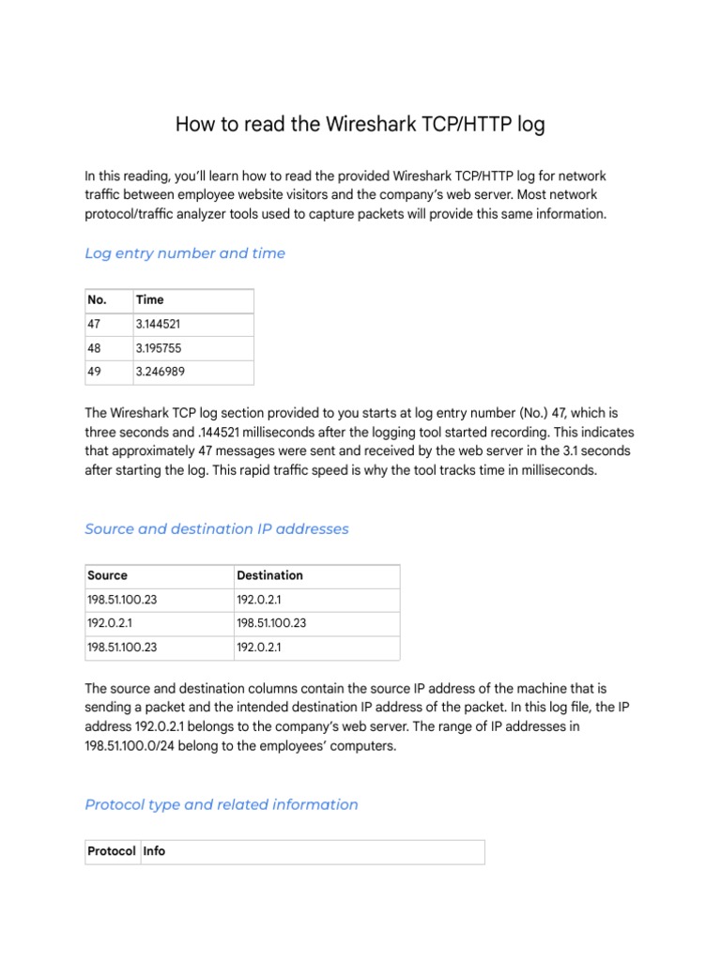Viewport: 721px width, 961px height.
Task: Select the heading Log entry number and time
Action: point(185,253)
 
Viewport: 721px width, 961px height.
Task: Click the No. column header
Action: point(97,300)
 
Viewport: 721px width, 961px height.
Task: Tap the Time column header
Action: point(149,300)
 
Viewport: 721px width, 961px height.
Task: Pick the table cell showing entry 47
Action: point(94,325)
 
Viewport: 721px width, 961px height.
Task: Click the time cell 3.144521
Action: point(158,325)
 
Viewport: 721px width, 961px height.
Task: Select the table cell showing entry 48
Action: point(94,348)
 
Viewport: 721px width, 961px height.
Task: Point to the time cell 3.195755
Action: point(158,348)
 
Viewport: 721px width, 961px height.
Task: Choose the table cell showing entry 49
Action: point(94,373)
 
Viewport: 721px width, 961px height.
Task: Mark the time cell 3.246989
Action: point(158,373)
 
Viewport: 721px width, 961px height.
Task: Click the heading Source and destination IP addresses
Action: point(216,529)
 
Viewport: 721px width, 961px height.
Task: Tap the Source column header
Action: point(107,575)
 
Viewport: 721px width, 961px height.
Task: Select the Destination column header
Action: point(269,575)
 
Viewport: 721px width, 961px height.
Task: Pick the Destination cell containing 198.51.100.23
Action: point(271,623)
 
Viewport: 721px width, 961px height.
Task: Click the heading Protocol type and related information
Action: point(222,804)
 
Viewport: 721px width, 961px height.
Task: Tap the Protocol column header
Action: point(111,851)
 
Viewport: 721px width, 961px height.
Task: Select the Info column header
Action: point(154,851)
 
